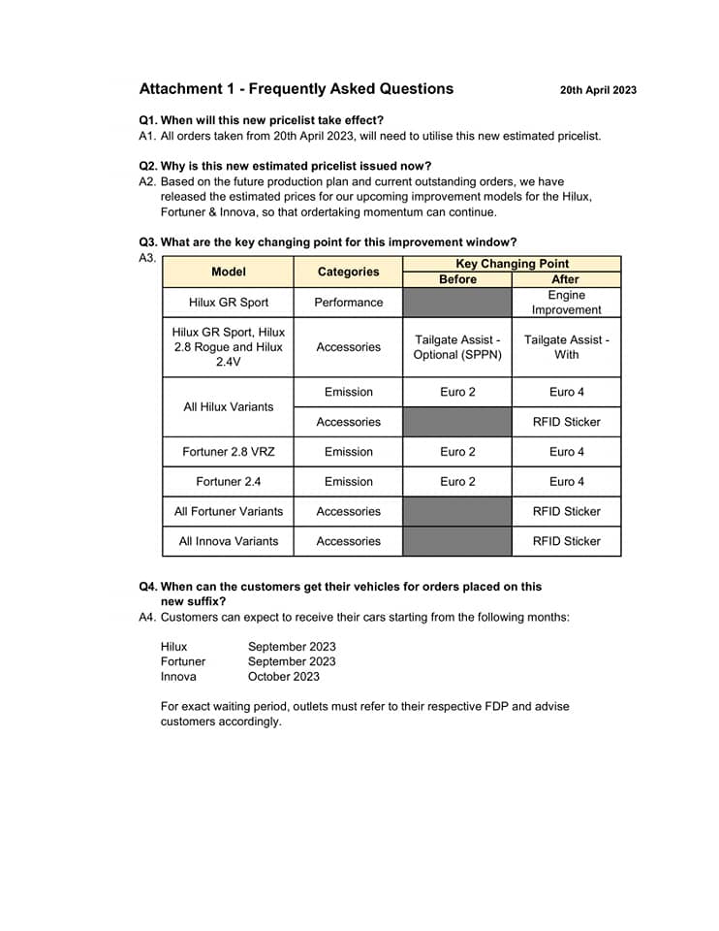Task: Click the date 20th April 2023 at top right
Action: [598, 90]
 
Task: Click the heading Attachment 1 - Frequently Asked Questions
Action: [296, 89]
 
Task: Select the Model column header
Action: [229, 272]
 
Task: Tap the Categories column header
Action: [348, 272]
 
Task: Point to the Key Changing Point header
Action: [512, 264]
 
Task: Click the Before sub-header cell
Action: [457, 279]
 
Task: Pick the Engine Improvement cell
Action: [566, 303]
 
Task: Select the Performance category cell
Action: [348, 303]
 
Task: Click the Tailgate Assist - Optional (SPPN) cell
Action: [457, 347]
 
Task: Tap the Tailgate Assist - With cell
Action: [566, 347]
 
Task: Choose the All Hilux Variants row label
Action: [229, 406]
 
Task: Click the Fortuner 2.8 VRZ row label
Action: [229, 452]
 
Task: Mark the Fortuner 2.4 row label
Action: [229, 482]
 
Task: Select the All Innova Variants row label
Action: [229, 541]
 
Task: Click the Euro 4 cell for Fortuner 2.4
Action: [566, 482]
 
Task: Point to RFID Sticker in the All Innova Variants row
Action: [566, 541]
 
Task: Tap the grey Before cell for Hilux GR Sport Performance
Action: [457, 303]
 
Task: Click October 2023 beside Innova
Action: [283, 676]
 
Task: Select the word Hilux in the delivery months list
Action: [174, 646]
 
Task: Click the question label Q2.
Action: [148, 166]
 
